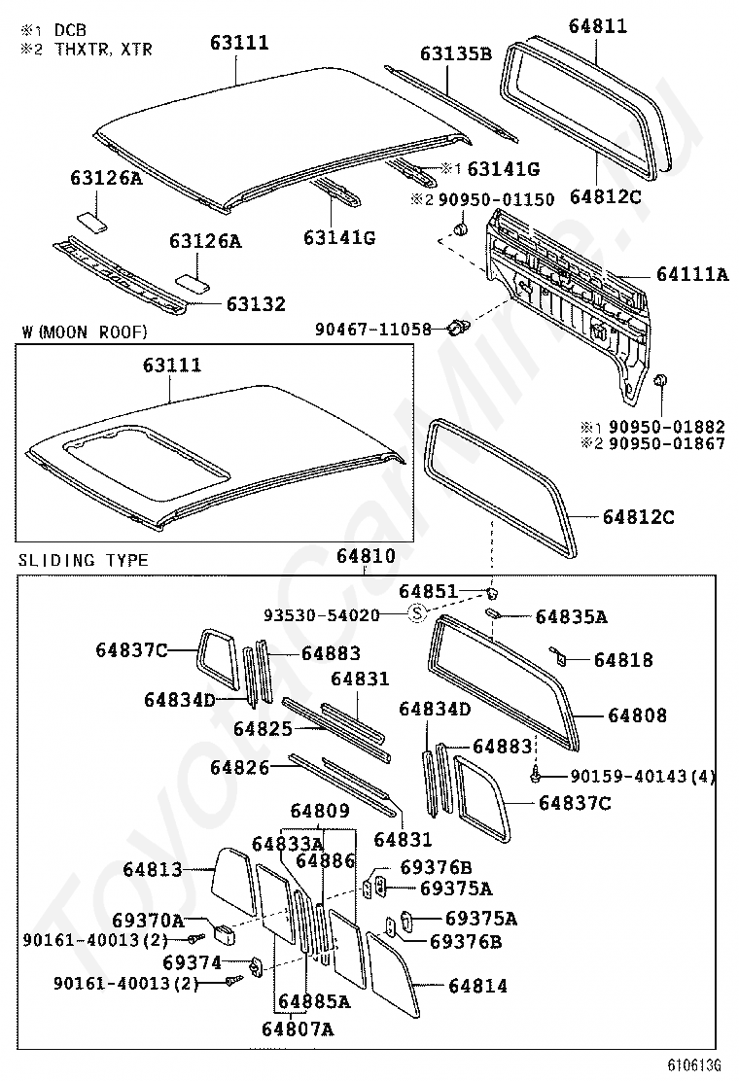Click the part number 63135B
pyautogui.click(x=456, y=53)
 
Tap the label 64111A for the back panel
pyautogui.click(x=691, y=275)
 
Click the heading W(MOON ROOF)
pyautogui.click(x=84, y=332)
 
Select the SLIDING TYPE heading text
pyautogui.click(x=84, y=560)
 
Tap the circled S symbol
pyautogui.click(x=416, y=613)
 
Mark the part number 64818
pyautogui.click(x=623, y=660)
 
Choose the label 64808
pyautogui.click(x=637, y=715)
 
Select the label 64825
pyautogui.click(x=263, y=727)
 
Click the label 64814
pyautogui.click(x=477, y=986)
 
